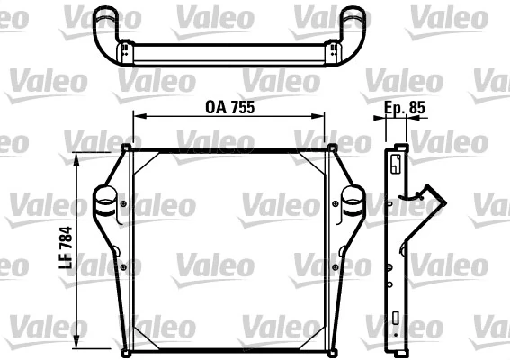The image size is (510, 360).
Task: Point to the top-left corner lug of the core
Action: pyautogui.click(x=127, y=148)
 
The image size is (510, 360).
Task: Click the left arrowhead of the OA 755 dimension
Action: pyautogui.click(x=138, y=115)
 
